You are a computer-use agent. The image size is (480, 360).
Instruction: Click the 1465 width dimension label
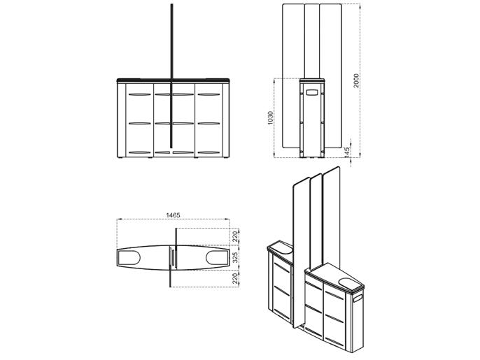pos(173,215)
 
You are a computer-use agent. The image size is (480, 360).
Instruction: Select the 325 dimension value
pos(235,257)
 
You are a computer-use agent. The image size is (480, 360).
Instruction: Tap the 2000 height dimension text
pos(356,80)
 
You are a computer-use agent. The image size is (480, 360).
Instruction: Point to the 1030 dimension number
pos(270,117)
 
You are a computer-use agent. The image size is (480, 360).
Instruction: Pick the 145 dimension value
pos(347,152)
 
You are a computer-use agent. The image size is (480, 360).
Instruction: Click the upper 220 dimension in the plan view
pos(235,237)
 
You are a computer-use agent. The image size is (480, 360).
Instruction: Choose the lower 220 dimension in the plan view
pos(235,279)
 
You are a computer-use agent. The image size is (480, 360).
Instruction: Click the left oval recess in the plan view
pos(129,258)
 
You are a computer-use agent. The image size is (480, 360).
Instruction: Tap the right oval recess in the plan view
pos(217,257)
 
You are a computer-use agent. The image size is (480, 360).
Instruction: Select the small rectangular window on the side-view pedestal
pos(313,92)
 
